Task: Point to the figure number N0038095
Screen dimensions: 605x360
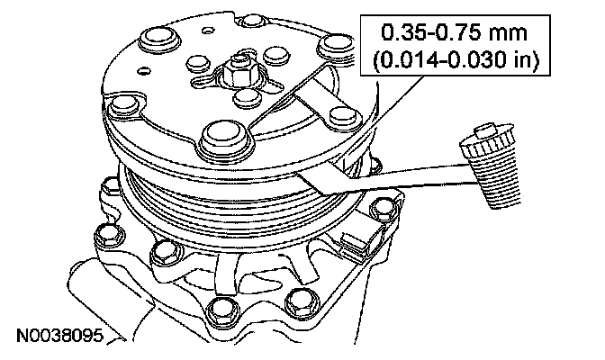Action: click(x=60, y=336)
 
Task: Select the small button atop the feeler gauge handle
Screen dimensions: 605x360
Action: click(x=484, y=131)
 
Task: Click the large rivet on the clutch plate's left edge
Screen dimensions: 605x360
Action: click(x=124, y=105)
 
